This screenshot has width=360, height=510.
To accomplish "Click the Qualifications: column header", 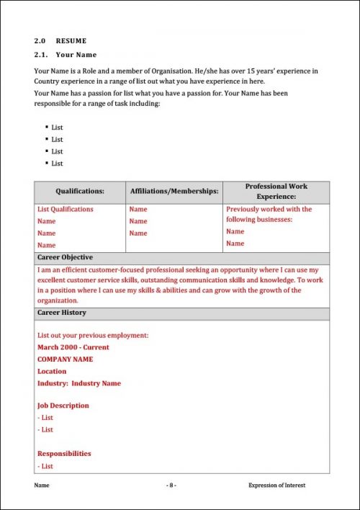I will click(x=80, y=192).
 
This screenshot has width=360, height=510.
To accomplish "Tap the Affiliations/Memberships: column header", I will click(x=174, y=192).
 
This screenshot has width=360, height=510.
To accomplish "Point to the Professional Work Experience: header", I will click(x=276, y=191).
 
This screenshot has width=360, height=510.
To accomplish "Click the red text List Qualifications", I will click(x=66, y=210).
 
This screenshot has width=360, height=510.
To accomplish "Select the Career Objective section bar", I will click(x=65, y=257).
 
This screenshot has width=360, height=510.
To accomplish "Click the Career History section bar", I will click(x=61, y=313).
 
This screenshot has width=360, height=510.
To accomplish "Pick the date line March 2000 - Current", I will click(x=73, y=347).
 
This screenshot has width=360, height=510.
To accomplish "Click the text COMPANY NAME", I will click(x=65, y=359).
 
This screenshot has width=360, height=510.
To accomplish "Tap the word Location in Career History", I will click(x=52, y=372).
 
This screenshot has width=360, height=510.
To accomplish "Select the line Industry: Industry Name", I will click(x=79, y=384).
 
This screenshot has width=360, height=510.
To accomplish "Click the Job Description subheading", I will click(x=63, y=406).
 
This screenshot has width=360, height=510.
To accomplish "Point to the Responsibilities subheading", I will click(x=64, y=454).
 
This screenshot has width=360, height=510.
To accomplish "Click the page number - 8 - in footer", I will click(x=171, y=486).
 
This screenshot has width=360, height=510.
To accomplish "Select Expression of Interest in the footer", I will click(x=276, y=486).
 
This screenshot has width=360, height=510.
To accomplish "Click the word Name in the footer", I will click(x=42, y=486).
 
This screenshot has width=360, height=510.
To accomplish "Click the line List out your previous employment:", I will click(x=93, y=336).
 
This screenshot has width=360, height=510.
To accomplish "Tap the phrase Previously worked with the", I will click(x=269, y=210).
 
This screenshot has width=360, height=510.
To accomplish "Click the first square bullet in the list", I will click(x=47, y=127).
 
